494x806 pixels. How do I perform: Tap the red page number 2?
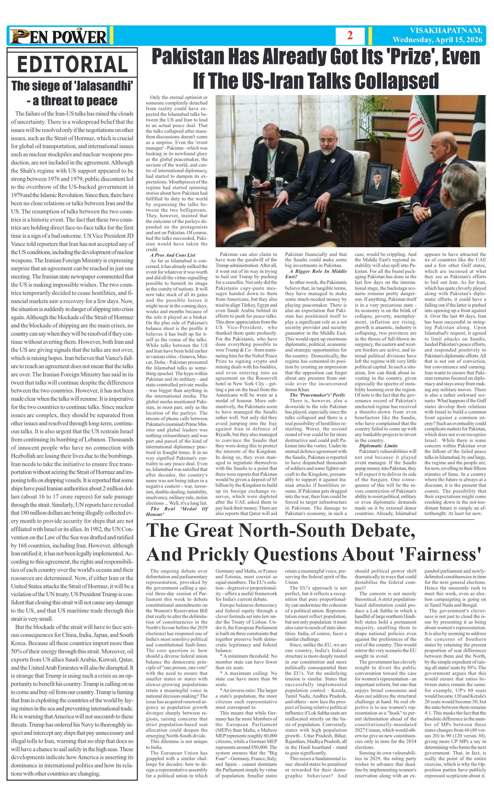(350, 35)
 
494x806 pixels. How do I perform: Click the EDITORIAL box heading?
(72, 64)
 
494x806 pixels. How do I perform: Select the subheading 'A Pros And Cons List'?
(173, 255)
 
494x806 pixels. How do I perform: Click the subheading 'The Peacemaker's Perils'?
(317, 395)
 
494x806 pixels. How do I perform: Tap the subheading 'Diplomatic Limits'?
(378, 446)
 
